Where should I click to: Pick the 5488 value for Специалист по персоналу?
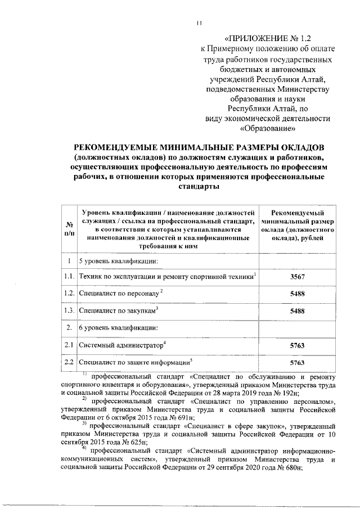click(x=296, y=293)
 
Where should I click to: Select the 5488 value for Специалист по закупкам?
click(x=296, y=310)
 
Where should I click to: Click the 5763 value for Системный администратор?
click(x=296, y=345)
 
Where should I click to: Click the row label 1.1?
click(x=69, y=276)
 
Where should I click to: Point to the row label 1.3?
click(x=69, y=310)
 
